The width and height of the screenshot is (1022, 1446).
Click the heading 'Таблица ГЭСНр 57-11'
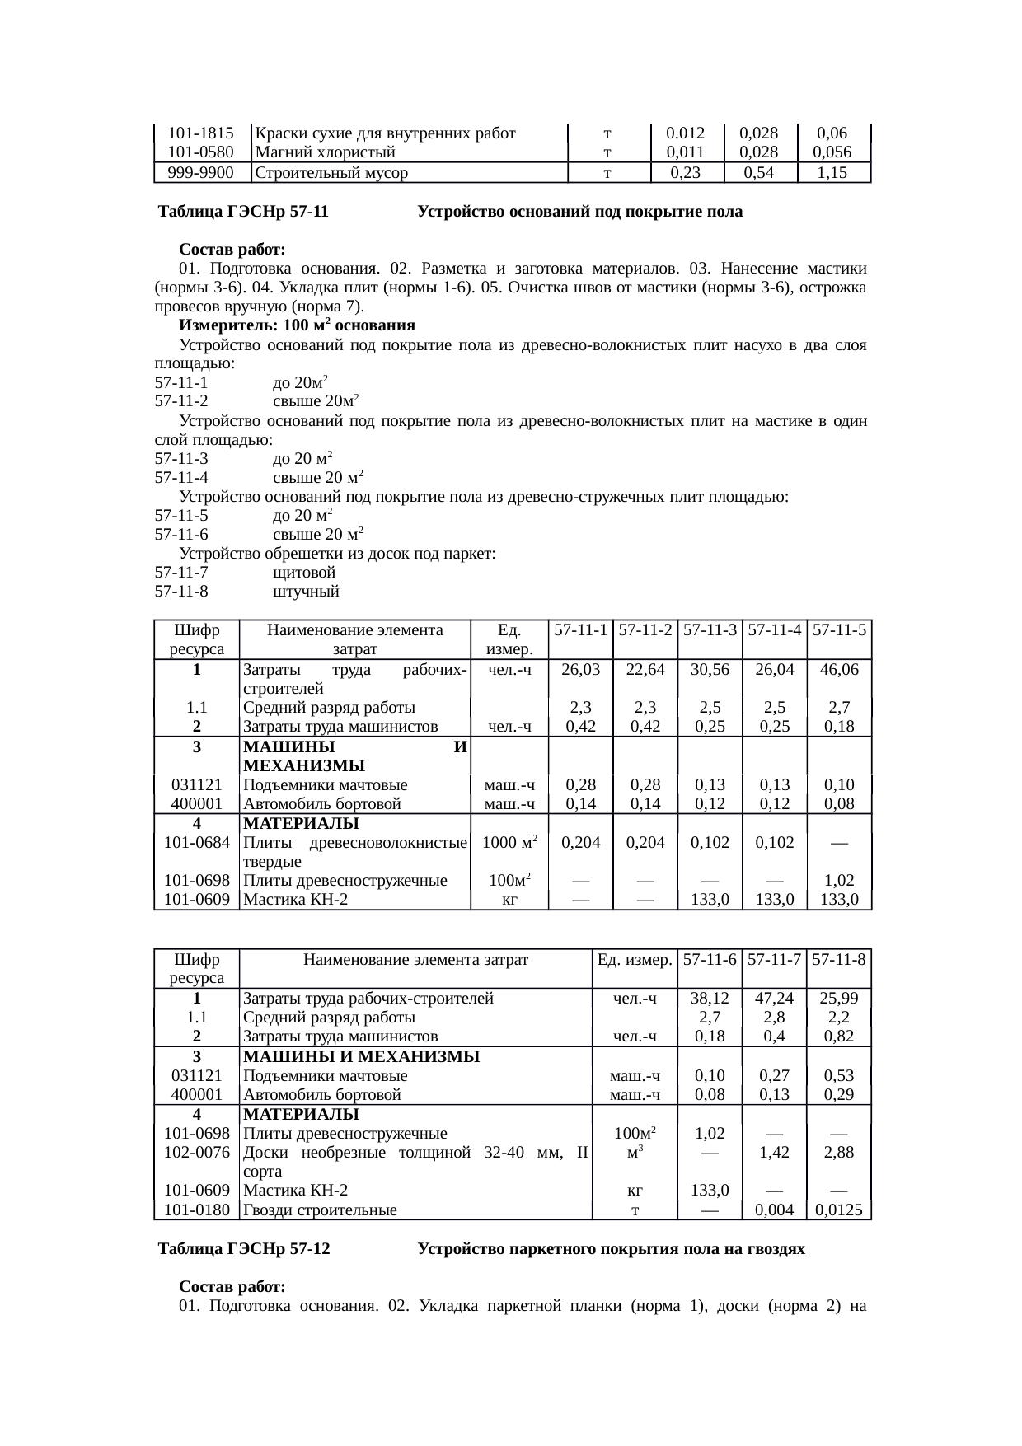[244, 212]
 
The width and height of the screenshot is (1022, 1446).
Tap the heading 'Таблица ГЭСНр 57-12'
[245, 1249]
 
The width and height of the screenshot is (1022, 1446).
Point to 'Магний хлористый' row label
[326, 152]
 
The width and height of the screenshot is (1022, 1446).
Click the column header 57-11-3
[710, 630]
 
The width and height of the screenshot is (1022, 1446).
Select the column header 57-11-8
[839, 959]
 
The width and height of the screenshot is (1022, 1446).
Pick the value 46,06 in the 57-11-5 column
[839, 670]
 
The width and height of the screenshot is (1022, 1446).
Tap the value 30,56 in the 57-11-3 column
[710, 670]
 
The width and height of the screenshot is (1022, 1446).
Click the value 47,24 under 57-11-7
[774, 999]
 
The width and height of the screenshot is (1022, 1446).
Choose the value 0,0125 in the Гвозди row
[839, 1210]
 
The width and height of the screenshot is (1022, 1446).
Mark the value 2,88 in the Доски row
[839, 1153]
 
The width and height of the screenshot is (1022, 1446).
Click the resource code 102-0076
[197, 1153]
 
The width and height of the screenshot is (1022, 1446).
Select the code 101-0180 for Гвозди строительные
[197, 1210]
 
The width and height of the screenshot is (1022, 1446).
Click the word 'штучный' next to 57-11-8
[306, 592]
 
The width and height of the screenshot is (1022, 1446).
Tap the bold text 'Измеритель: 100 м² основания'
[297, 325]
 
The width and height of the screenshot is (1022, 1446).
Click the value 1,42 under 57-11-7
[774, 1153]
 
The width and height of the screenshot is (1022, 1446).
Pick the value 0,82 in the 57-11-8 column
[839, 1037]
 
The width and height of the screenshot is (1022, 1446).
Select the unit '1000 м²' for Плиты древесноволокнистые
[509, 843]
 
